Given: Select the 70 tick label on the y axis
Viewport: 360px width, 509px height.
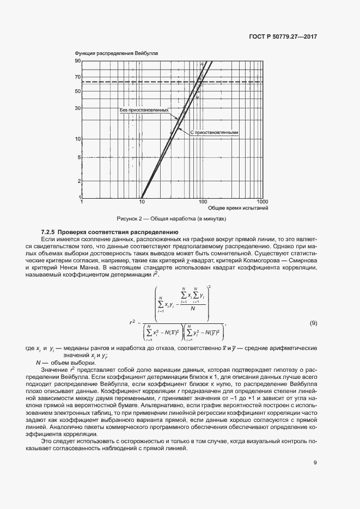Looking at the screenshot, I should coord(78,77).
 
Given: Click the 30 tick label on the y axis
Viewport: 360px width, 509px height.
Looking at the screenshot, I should coord(78,108).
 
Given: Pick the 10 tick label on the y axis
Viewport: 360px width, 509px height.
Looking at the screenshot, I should coord(78,139).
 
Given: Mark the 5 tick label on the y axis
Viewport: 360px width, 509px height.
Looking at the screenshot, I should coord(79,157).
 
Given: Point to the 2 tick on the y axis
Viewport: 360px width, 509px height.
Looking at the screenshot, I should coord(79,181).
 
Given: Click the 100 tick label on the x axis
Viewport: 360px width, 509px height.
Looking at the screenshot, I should coord(203,202).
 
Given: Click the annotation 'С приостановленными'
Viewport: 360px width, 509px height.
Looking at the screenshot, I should coord(215,132).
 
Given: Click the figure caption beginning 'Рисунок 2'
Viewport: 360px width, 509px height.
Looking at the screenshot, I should coord(172,219).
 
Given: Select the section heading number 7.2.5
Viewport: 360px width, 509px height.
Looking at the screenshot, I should coord(50,232).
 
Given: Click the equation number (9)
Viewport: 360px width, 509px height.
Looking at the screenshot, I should coord(313,324).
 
